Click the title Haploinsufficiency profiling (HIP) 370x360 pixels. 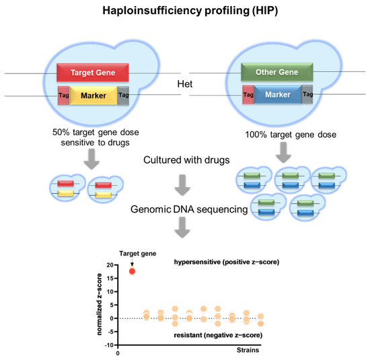pyautogui.click(x=184, y=11)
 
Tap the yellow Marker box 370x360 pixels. pyautogui.click(x=93, y=96)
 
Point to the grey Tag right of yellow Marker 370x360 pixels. pyautogui.click(x=123, y=96)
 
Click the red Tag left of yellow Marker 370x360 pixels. pyautogui.click(x=63, y=96)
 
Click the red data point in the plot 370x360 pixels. pyautogui.click(x=133, y=271)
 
